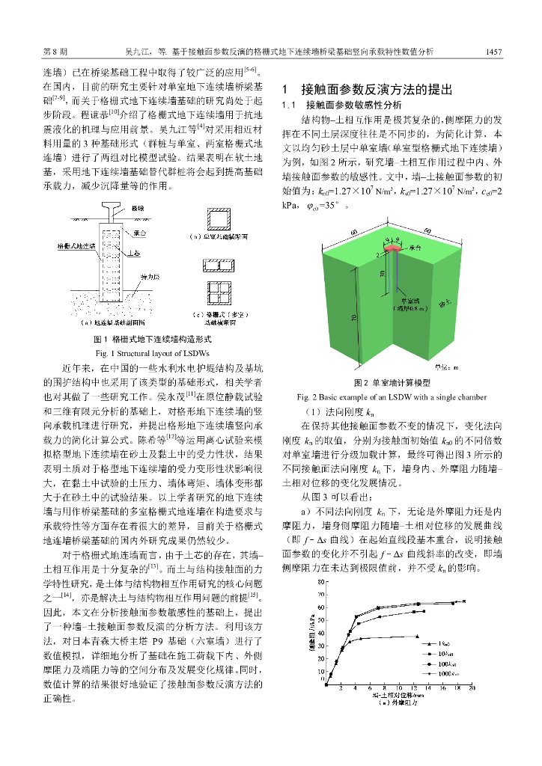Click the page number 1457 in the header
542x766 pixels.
point(493,52)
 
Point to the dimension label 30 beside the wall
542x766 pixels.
point(383,274)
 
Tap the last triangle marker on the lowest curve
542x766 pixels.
point(417,637)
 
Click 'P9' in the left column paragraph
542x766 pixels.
point(157,642)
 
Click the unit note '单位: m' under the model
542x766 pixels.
point(449,367)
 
